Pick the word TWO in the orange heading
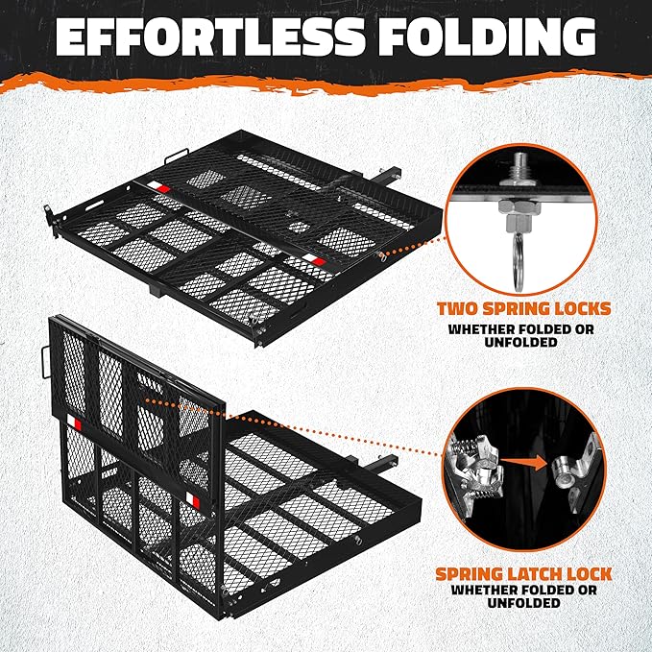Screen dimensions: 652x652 458,310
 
